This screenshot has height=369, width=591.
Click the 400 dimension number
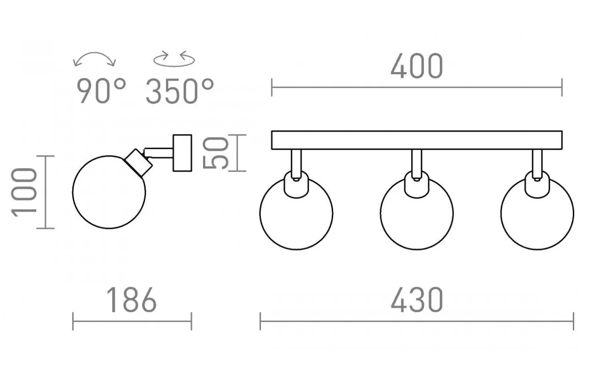417,66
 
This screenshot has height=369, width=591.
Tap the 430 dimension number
417,300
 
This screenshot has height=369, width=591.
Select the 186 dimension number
132,300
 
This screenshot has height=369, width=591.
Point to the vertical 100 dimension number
24,192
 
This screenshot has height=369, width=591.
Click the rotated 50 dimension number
215,153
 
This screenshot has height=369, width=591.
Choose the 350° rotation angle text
180,91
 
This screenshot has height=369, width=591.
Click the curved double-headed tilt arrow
95,53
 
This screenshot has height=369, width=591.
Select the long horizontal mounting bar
417,140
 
